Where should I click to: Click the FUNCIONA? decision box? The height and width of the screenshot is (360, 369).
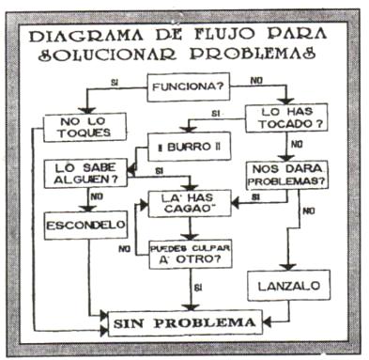pos(189,87)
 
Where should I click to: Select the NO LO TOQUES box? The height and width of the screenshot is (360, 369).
pos(85,127)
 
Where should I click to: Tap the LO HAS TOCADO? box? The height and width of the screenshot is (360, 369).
pos(286,117)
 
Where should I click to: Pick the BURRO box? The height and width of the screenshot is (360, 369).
pos(189,147)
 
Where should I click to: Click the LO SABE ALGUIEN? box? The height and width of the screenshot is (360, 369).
pos(85,174)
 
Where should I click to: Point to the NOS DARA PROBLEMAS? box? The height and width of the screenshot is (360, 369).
pos(287,175)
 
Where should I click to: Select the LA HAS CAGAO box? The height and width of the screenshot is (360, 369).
pos(190,203)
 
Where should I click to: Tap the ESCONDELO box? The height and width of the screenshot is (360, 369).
pos(86,226)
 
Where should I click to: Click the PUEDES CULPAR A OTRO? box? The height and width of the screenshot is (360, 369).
pos(191,254)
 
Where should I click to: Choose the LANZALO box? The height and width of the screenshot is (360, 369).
pos(289,285)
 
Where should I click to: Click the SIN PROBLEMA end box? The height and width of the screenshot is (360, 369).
pos(185,323)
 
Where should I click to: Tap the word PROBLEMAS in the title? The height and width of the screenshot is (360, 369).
pos(253,54)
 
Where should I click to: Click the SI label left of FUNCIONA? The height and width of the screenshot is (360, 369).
pos(115,84)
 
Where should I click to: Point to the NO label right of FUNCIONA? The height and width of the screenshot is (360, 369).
pos(256,81)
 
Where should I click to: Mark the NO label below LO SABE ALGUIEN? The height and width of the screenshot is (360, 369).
pos(97,196)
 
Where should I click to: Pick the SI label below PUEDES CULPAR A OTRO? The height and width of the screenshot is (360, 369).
pos(198,287)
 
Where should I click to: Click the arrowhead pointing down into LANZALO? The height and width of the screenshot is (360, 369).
pos(288,267)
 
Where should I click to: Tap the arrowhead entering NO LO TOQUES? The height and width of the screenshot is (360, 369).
pos(86,110)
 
